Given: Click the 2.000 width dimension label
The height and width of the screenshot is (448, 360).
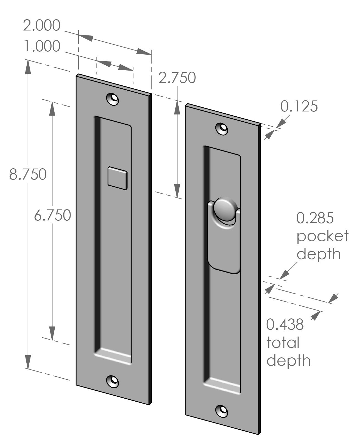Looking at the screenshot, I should [41, 26].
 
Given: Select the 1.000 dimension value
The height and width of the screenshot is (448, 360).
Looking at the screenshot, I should [41, 46].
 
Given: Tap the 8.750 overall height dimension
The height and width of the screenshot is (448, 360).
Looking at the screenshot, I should [28, 174].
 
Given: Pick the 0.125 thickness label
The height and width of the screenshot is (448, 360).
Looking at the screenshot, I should [299, 106].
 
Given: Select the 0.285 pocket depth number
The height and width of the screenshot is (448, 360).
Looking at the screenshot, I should [315, 218].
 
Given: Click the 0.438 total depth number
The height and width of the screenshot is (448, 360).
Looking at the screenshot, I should [285, 324].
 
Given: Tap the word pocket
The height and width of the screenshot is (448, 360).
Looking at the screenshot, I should [322, 236].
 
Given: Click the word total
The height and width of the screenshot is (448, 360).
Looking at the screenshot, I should [283, 343].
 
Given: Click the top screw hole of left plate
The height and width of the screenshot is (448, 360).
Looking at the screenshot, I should [113, 99].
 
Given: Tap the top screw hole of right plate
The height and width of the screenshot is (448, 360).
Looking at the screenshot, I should [222, 128].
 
